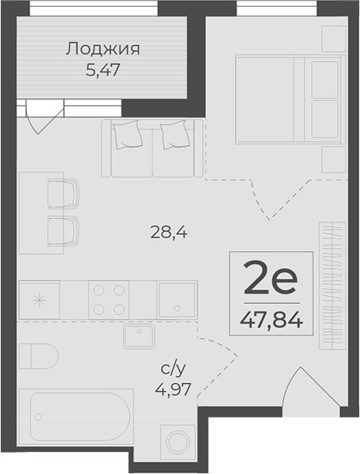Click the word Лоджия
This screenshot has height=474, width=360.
[x=103, y=49]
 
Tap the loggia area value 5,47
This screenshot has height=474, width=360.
[x=103, y=70]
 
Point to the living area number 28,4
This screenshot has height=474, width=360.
[x=169, y=233]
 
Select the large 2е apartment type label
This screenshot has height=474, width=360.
[x=271, y=279]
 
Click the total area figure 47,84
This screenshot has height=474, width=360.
[x=272, y=320]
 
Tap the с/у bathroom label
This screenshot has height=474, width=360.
[x=172, y=369]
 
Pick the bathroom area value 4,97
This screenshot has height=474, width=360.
[x=172, y=389]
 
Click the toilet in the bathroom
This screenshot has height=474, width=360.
[x=39, y=356]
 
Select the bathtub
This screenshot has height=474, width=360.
[x=76, y=417]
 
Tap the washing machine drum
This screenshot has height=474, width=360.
[x=178, y=442]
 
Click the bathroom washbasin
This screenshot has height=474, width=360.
[x=139, y=336]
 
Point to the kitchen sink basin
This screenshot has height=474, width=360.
[x=177, y=299]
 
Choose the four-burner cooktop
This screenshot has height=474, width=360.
[x=109, y=299]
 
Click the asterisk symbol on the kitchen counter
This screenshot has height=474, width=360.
[x=39, y=301]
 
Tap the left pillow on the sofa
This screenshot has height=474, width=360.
[x=128, y=134]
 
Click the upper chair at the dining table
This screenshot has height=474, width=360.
[x=63, y=194]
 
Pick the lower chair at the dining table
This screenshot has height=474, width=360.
[x=63, y=231]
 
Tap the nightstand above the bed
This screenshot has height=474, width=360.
[x=334, y=39]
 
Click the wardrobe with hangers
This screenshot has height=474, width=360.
[x=333, y=285]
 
